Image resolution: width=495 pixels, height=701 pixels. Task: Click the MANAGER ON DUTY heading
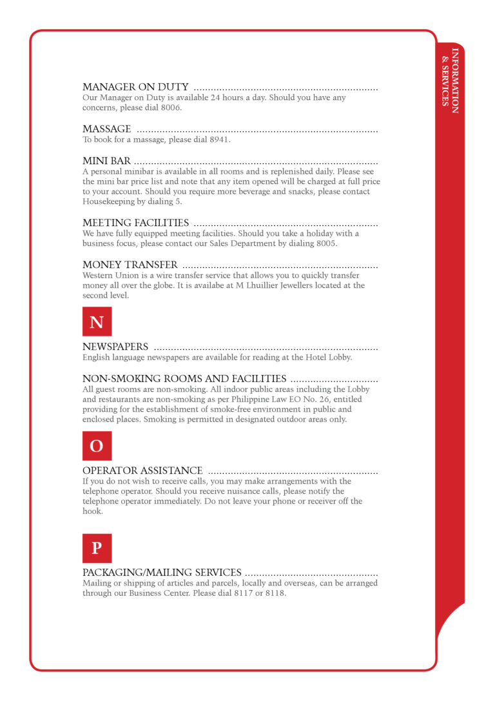coord(135,87)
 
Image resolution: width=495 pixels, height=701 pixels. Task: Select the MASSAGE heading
coord(106,129)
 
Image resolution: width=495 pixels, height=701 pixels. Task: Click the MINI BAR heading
coord(106,161)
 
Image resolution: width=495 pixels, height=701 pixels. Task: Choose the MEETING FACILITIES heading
coord(135,223)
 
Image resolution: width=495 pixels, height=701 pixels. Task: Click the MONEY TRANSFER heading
coord(130,265)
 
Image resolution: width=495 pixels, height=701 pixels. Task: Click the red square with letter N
coord(97,321)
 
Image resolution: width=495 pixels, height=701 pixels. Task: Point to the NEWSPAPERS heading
coord(115,347)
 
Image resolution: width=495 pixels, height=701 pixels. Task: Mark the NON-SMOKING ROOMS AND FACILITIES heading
coord(184,379)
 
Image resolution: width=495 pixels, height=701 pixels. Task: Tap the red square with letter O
coord(97,446)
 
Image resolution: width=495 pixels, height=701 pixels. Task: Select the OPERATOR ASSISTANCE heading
coord(142,471)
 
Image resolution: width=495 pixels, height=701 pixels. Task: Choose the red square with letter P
coord(97,548)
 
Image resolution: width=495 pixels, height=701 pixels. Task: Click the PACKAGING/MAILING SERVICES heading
coord(162,573)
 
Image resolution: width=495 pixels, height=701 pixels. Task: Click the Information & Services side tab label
coord(450,81)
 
